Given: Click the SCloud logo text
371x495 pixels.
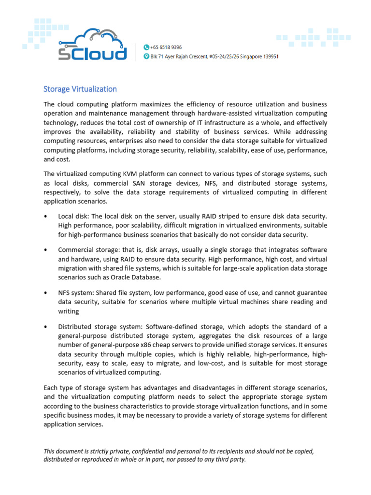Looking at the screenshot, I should [92, 53].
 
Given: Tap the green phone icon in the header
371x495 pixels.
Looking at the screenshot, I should [146, 47].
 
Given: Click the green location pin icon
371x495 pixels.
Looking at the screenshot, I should [146, 57].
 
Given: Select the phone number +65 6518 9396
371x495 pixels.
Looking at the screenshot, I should [166, 47].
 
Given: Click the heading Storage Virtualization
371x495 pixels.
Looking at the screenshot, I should [80, 89].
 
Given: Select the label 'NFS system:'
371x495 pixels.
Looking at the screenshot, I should [76, 293].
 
